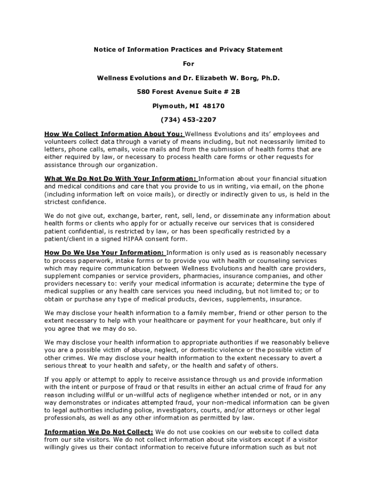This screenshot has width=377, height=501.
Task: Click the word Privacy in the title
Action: coord(229,50)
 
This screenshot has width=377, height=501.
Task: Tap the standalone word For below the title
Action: coord(188,64)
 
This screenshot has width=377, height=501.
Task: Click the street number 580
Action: coord(143,92)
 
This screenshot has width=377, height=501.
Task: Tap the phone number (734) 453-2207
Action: coord(188,120)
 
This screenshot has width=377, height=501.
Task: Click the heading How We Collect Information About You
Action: coord(114,134)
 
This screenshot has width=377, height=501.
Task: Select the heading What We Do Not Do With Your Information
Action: coord(120,179)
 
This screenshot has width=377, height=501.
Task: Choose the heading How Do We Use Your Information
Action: coord(104,252)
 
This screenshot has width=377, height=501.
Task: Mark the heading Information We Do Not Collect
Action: coord(98,432)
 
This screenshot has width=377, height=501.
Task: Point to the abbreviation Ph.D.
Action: coord(270,78)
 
